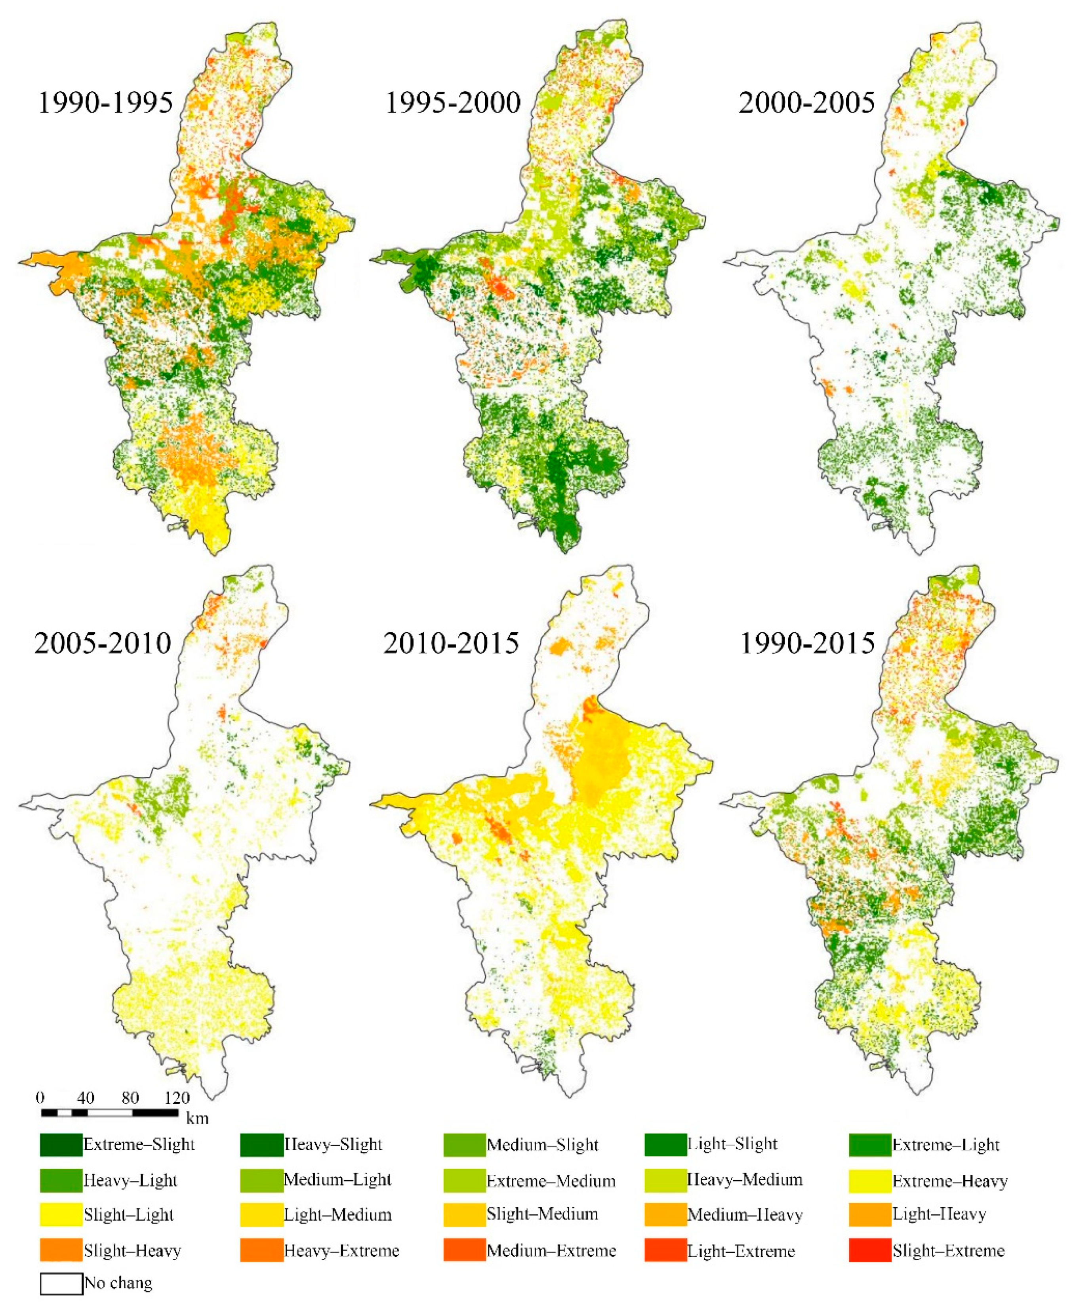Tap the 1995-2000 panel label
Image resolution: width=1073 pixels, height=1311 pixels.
point(453,103)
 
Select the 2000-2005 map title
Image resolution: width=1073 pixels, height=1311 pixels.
point(806,103)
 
